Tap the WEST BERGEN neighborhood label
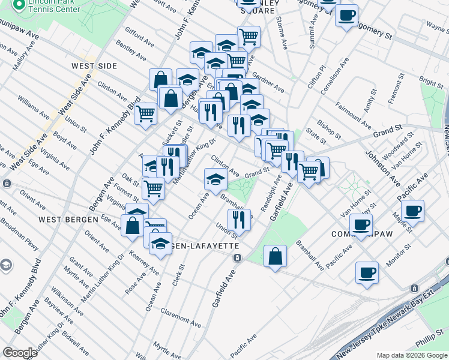(68, 220)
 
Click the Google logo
(20, 353)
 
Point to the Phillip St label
(429, 339)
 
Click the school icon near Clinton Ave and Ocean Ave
(215, 178)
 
